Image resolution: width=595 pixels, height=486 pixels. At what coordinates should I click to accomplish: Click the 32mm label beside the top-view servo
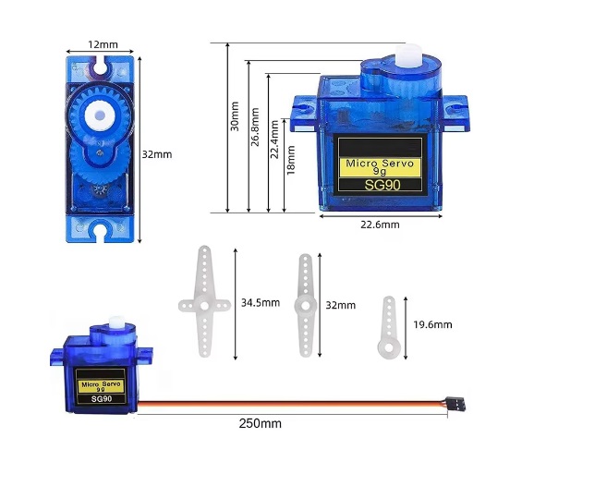pos(156,154)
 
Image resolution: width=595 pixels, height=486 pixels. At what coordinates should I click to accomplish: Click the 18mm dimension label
pos(291,159)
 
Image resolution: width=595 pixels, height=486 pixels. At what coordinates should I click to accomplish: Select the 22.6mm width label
pos(380,225)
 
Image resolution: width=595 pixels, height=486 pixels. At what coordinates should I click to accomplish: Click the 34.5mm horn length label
pos(260,302)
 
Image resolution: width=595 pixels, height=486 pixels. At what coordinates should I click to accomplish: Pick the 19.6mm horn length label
pos(432,324)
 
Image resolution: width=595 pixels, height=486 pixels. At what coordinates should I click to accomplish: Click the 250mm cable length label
pos(260,423)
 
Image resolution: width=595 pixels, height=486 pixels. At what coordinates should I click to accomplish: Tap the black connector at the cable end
pos(457,404)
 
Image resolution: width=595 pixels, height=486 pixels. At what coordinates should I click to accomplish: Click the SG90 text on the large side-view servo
pos(380,185)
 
